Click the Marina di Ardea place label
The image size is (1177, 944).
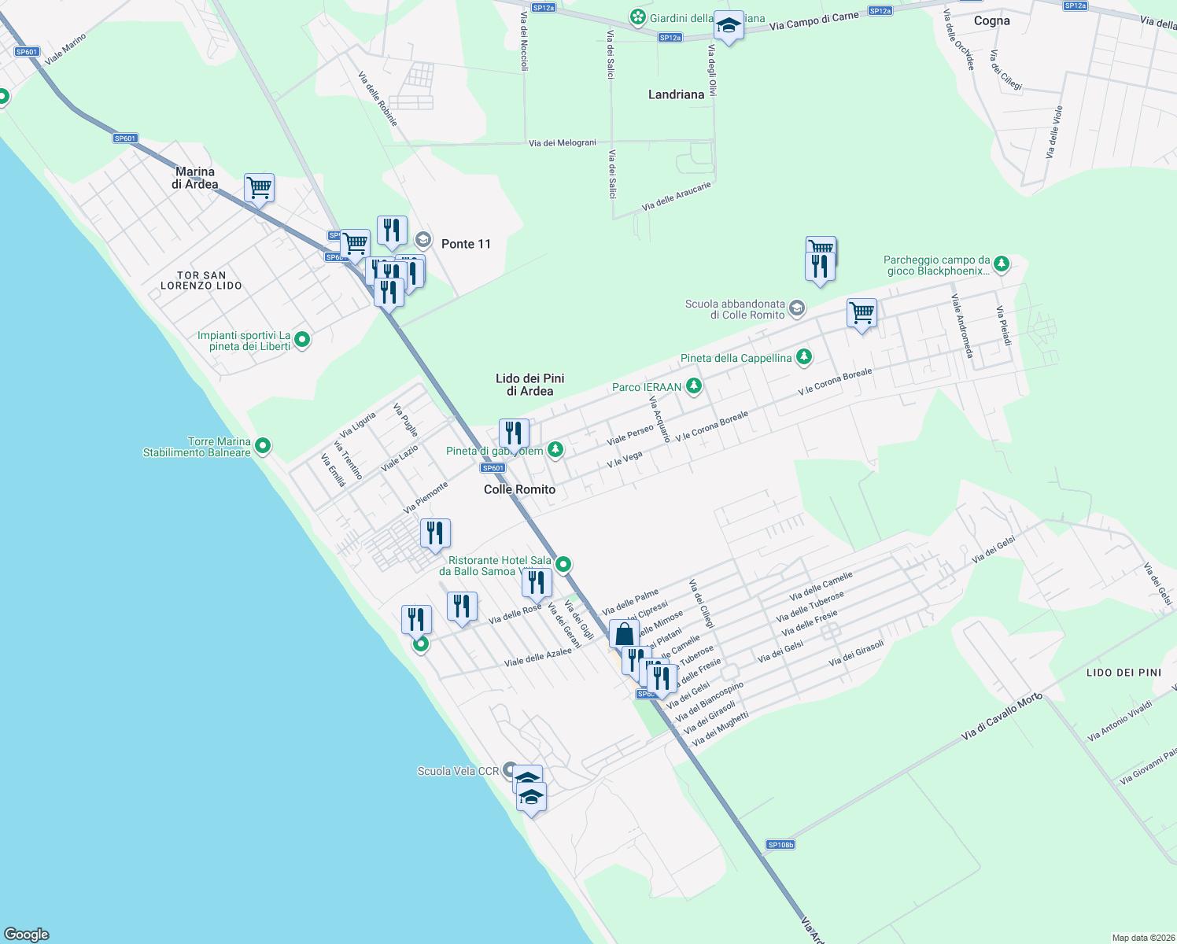pyautogui.click(x=195, y=178)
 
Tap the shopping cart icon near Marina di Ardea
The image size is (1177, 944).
pyautogui.click(x=259, y=189)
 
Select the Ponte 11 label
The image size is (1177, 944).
pyautogui.click(x=466, y=244)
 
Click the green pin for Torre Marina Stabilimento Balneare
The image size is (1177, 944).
pyautogui.click(x=263, y=446)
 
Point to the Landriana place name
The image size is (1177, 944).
pyautogui.click(x=676, y=94)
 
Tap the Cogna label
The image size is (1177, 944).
pyautogui.click(x=991, y=21)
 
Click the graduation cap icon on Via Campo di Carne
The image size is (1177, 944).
pyautogui.click(x=729, y=27)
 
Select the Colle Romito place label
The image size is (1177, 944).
pyautogui.click(x=519, y=489)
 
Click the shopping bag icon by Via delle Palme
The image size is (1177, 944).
pyautogui.click(x=624, y=634)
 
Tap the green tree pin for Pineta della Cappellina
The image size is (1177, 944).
pyautogui.click(x=803, y=357)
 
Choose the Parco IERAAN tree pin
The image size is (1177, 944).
pyautogui.click(x=693, y=386)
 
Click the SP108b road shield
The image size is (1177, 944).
pyautogui.click(x=780, y=845)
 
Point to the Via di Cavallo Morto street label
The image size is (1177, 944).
pyautogui.click(x=1002, y=717)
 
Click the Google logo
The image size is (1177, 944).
pyautogui.click(x=27, y=935)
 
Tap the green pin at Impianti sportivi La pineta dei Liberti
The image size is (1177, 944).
pyautogui.click(x=302, y=340)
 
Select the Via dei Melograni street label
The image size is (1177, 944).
pyautogui.click(x=563, y=143)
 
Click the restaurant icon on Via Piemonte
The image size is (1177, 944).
pyautogui.click(x=435, y=533)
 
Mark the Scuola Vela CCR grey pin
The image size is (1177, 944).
pyautogui.click(x=510, y=770)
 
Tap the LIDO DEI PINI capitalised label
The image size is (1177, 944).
pyautogui.click(x=1123, y=673)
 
